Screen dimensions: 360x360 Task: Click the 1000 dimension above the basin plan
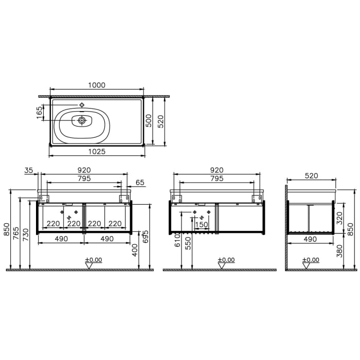(x=97, y=85)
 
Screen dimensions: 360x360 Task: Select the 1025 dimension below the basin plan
(x=97, y=151)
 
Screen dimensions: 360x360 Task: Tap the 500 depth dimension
(x=148, y=121)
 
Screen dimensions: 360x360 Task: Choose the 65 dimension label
(x=140, y=182)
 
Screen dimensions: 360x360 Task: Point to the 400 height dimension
(x=135, y=251)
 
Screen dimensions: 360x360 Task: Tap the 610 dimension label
(x=177, y=239)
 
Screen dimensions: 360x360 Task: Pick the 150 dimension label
(x=202, y=224)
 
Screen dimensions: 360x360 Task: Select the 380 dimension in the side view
(x=339, y=251)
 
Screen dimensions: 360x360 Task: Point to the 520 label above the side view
(x=311, y=175)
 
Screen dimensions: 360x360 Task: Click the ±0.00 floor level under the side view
(x=312, y=260)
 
